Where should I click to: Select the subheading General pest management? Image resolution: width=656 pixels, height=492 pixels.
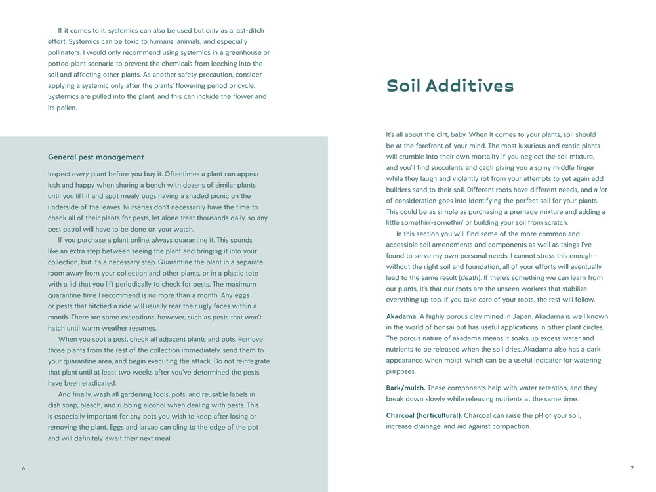[x=96, y=157]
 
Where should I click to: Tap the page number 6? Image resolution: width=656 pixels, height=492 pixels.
[x=23, y=468]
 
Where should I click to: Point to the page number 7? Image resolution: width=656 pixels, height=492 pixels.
[x=632, y=468]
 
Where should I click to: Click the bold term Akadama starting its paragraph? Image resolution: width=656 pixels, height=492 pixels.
[x=401, y=316]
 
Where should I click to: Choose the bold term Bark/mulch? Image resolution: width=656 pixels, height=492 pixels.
[x=405, y=388]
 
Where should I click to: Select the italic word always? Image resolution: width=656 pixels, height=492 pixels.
[x=163, y=240]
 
